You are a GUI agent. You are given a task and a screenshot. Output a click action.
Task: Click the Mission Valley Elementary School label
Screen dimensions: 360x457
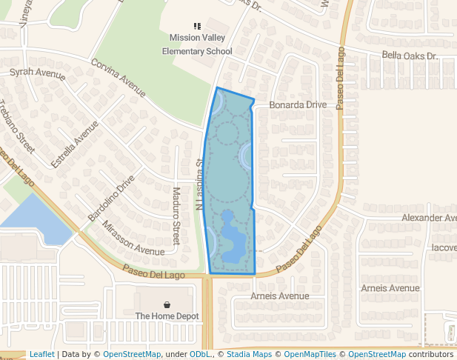[x=197, y=44]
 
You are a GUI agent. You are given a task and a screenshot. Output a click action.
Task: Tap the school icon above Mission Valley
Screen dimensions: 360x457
[x=197, y=26]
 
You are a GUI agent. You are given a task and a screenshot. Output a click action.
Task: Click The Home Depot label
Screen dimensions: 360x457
[x=167, y=316]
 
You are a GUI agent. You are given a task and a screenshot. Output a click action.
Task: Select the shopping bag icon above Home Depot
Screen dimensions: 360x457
[x=167, y=304]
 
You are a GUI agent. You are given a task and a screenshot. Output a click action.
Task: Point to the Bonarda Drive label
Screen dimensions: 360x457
[x=297, y=105]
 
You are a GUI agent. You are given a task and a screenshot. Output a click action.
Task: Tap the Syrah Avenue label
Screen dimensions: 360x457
[x=37, y=73]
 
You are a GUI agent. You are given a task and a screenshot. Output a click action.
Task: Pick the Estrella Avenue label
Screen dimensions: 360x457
[x=74, y=144]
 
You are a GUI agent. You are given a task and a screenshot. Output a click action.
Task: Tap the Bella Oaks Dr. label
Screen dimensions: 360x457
[x=410, y=56]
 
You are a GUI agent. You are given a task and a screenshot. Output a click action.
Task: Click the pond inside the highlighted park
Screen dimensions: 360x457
[x=233, y=241]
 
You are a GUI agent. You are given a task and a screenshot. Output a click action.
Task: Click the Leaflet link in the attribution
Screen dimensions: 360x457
[x=41, y=355]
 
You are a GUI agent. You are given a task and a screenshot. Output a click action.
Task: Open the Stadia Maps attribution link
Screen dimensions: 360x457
[x=249, y=355]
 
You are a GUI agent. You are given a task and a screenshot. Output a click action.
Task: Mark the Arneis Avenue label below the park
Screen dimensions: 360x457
[x=279, y=296]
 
